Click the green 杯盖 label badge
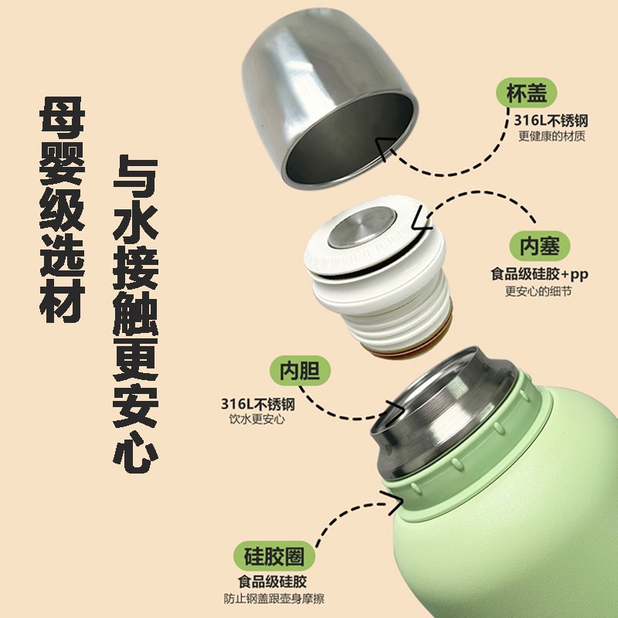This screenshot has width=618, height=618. (x=526, y=93)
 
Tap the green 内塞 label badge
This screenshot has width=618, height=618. (x=539, y=246)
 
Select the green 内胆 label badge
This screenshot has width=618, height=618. (x=300, y=371)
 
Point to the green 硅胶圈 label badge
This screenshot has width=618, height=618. (x=274, y=556)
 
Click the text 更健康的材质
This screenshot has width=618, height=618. (x=552, y=136)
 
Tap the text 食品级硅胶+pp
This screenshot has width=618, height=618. (x=539, y=274)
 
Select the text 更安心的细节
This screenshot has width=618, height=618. (x=538, y=291)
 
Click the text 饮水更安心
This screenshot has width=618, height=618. (x=257, y=419)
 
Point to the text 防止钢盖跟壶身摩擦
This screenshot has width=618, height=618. (x=274, y=599)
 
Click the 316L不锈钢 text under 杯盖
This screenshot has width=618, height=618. (x=551, y=121)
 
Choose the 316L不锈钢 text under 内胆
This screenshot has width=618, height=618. (x=258, y=404)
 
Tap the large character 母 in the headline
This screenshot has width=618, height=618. (x=63, y=117)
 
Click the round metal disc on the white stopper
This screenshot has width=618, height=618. (x=362, y=227)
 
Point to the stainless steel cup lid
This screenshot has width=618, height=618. (x=330, y=98)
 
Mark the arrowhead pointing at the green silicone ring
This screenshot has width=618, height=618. (x=394, y=501)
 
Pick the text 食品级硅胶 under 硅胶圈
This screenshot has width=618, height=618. (x=273, y=582)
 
